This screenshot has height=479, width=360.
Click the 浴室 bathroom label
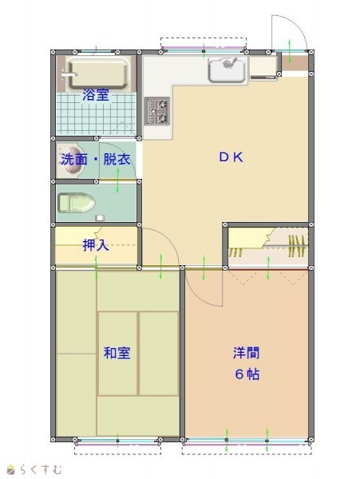pyautogui.click(x=96, y=95)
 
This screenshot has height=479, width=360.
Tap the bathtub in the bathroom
pyautogui.click(x=98, y=74)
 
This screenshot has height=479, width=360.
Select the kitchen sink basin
pyautogui.click(x=227, y=70)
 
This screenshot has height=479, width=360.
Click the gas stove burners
pyautogui.click(x=157, y=111)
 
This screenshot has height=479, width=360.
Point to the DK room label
pyautogui.click(x=231, y=157)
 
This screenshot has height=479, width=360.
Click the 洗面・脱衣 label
pyautogui.click(x=96, y=159)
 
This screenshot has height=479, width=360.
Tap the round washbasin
pyautogui.click(x=70, y=160)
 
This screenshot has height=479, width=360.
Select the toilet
pyautogui.click(x=77, y=203)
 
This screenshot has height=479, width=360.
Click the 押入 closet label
pyautogui.click(x=96, y=245)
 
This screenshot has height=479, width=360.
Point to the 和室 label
pyautogui.click(x=117, y=353)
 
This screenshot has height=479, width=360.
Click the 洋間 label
pyautogui.click(x=246, y=353)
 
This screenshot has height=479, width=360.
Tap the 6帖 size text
pyautogui.click(x=247, y=374)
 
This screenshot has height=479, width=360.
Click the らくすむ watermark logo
pyautogui.click(x=34, y=469)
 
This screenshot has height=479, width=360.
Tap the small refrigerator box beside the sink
pyautogui.click(x=263, y=67)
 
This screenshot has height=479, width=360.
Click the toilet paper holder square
pyautogui.click(x=100, y=218)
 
